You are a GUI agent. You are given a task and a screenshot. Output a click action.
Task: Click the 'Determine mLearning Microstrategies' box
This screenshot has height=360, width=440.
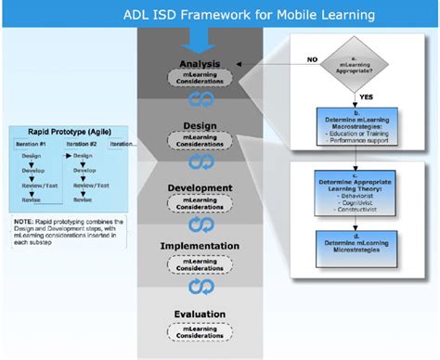pyautogui.click(x=358, y=244)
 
